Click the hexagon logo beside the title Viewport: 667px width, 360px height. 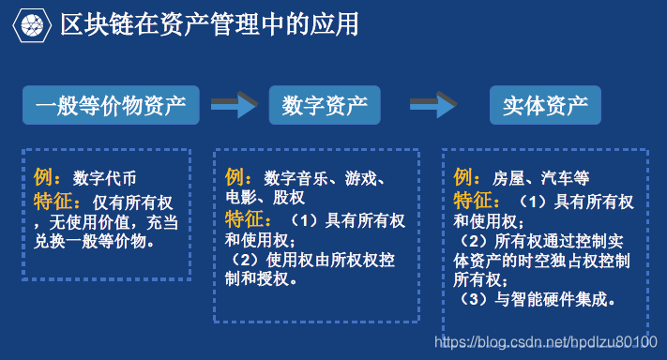coord(35,25)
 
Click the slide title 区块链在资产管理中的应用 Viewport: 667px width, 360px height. coord(208,25)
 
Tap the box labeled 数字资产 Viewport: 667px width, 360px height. coord(325,105)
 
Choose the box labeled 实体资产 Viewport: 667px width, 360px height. coord(545,105)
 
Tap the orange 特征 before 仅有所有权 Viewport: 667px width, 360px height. coord(57,201)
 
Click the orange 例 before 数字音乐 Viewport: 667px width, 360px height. coord(237,177)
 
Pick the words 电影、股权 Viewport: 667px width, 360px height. coord(265,198)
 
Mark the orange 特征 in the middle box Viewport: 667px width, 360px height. coord(250,220)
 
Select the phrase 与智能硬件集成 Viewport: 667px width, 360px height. coord(553,300)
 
